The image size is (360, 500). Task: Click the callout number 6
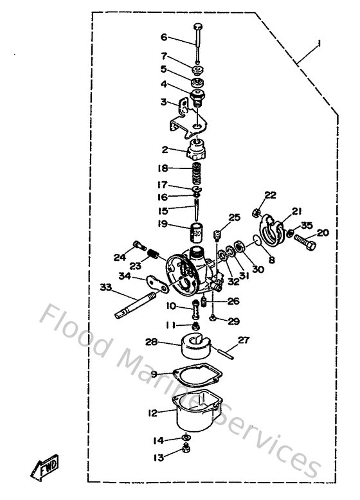point(163,37)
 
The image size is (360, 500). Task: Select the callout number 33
point(105,287)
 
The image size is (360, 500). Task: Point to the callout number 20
point(323,233)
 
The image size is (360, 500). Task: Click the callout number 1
point(318,44)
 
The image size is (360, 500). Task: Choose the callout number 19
point(163,224)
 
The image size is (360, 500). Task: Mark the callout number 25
point(234,218)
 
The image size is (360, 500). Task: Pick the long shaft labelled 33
point(138,305)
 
